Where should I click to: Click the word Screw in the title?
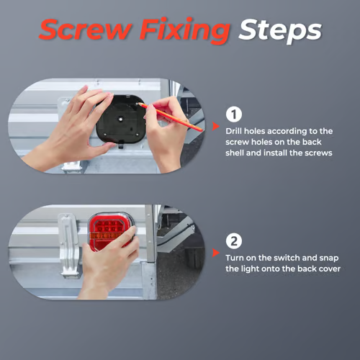click(x=86, y=30)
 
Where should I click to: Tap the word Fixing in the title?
click(x=185, y=31)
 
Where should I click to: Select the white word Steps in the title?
click(x=280, y=32)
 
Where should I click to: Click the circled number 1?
click(x=234, y=114)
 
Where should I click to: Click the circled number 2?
click(x=234, y=241)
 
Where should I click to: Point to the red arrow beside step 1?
click(x=215, y=126)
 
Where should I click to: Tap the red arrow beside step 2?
click(x=215, y=253)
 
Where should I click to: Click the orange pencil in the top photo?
click(x=170, y=117)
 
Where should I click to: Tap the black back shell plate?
click(x=120, y=120)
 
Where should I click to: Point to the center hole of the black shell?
click(x=120, y=119)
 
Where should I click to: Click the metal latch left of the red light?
click(x=68, y=246)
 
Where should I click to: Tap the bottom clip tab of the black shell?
click(x=121, y=145)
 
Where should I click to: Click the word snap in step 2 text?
click(x=329, y=258)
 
